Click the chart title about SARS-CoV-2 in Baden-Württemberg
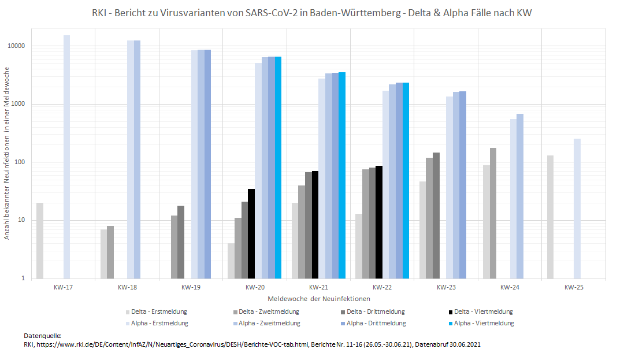point(311,13)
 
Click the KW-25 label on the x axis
point(573,287)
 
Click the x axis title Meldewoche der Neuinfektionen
point(319,299)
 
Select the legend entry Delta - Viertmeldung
point(481,312)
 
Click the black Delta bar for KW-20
point(251,233)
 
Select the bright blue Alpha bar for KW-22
point(406,180)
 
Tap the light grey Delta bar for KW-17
point(40,240)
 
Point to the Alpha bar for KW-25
point(577,209)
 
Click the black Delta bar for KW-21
point(315,225)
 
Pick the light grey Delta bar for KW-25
point(551,217)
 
